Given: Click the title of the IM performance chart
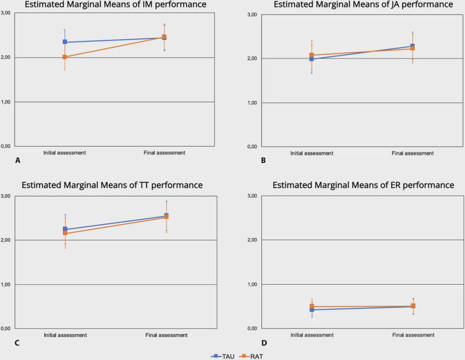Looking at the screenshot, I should [115, 5].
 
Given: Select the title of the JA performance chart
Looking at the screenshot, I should [363, 4].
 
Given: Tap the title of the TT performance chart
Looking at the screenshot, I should [112, 185].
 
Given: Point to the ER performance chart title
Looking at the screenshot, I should [363, 185].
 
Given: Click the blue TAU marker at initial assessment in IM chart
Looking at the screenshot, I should [65, 42].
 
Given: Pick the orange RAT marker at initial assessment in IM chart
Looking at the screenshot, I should [65, 57].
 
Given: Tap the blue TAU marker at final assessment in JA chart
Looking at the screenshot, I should [412, 46].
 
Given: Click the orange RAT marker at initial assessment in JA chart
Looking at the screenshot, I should [312, 55].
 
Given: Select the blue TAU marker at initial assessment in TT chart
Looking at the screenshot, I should [65, 229].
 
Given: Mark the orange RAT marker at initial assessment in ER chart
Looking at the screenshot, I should [312, 307].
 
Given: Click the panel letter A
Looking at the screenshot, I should [18, 161].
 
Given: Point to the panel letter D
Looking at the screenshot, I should [264, 343].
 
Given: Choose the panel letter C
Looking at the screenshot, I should [17, 343].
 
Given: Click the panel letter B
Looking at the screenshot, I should [263, 161].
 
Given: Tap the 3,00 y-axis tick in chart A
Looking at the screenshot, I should [6, 13].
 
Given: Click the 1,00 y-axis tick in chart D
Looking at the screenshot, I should [252, 285].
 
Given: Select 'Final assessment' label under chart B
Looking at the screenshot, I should [412, 153].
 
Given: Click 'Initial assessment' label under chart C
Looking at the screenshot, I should [65, 335].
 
